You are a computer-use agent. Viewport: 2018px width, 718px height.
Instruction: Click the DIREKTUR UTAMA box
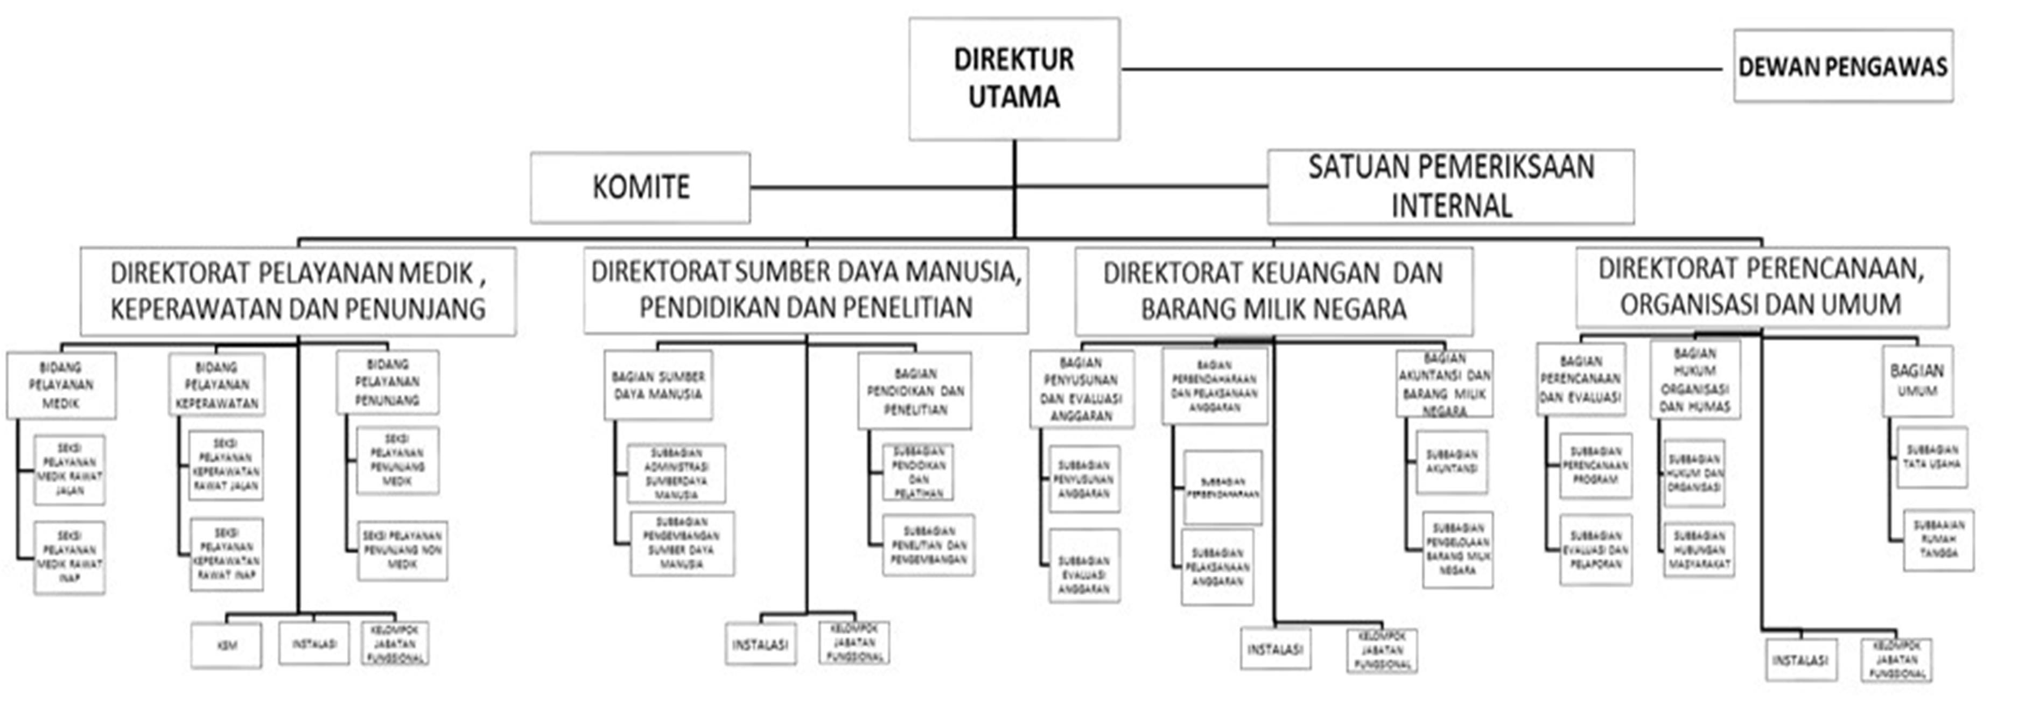(1014, 78)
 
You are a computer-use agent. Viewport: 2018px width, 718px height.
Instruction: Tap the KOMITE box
(640, 187)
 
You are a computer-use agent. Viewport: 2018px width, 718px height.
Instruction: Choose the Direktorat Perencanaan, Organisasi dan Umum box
(1761, 286)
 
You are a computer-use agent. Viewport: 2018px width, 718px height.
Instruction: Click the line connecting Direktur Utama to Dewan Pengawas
(1422, 69)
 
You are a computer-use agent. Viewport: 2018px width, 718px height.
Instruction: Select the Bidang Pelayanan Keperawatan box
(217, 384)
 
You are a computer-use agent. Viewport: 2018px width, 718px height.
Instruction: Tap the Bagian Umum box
(1916, 381)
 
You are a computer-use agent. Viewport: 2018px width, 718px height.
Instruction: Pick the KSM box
(226, 645)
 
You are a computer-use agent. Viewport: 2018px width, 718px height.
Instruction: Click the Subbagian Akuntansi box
(1451, 462)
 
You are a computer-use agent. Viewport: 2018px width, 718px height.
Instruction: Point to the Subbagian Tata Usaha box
(1932, 457)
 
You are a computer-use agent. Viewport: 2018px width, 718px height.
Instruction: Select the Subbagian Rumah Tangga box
(1938, 540)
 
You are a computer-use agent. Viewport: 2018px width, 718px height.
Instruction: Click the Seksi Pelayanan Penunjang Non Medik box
(403, 551)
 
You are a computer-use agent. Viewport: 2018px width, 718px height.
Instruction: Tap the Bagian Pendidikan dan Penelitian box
(914, 391)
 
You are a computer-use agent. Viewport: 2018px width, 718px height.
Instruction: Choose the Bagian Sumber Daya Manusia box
(658, 385)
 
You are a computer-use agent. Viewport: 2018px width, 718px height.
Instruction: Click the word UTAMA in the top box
(1014, 97)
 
